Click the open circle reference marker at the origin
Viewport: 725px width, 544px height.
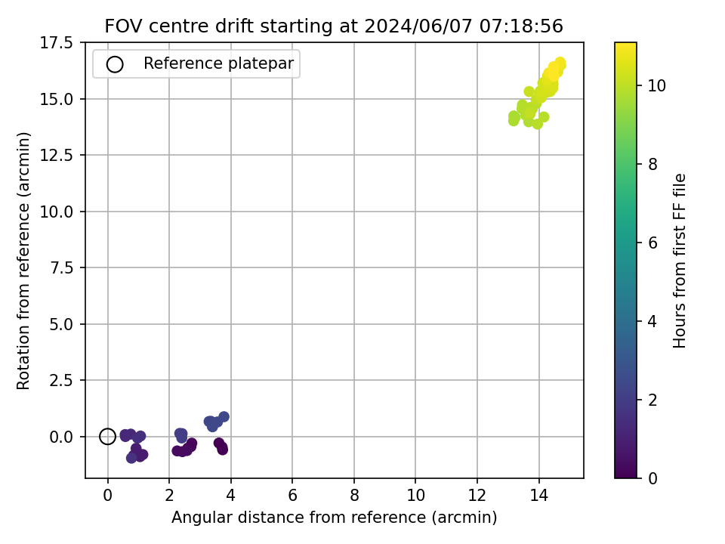[107, 436]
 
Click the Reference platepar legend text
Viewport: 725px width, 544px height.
[219, 63]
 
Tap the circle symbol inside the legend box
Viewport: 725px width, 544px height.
[115, 64]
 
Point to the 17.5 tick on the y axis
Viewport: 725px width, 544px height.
[57, 42]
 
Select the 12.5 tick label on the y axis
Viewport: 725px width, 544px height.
[57, 155]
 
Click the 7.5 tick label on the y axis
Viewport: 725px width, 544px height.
[61, 267]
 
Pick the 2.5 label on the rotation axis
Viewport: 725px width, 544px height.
[61, 380]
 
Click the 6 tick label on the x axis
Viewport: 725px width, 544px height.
[292, 496]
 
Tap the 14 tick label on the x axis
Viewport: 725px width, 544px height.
[538, 496]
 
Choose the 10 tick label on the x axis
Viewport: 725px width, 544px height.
[415, 496]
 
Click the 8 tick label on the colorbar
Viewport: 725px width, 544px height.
[652, 164]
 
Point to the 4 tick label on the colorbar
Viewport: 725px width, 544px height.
[652, 321]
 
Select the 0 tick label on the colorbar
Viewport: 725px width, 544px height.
[652, 478]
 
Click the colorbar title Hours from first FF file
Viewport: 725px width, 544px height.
[679, 261]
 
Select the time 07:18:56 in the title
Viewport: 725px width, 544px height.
[521, 26]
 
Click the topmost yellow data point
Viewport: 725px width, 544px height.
[560, 63]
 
